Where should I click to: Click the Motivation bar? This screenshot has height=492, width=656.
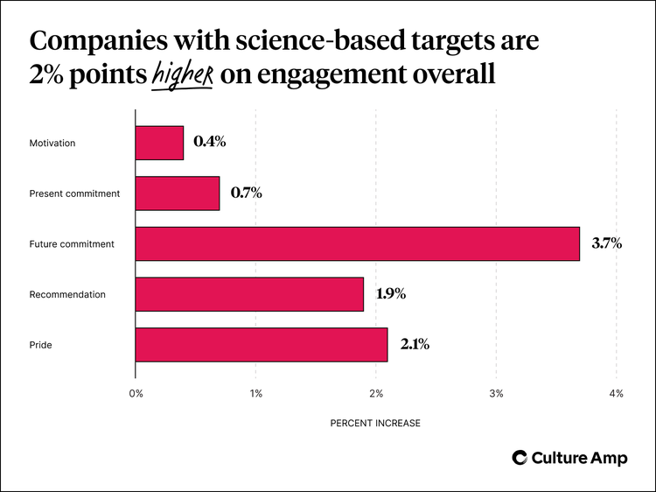click(x=159, y=143)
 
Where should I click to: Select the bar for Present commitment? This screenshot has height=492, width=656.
click(x=178, y=193)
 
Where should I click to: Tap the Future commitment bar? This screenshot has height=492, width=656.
click(x=357, y=243)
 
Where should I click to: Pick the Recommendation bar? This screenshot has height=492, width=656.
click(x=249, y=294)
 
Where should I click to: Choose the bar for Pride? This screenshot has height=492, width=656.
click(x=262, y=345)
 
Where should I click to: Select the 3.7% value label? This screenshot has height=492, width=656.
click(x=606, y=243)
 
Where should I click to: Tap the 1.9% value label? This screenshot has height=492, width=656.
click(x=390, y=294)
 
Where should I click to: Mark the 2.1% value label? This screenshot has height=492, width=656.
click(x=415, y=345)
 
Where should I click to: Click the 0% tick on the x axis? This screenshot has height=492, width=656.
click(x=136, y=394)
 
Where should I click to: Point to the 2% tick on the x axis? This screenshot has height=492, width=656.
click(x=375, y=394)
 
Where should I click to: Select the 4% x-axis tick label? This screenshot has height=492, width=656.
click(x=616, y=394)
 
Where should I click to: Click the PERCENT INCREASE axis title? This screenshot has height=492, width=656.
click(x=375, y=423)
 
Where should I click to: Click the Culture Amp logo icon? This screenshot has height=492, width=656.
click(x=520, y=458)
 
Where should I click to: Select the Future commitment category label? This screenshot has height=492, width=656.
click(x=72, y=244)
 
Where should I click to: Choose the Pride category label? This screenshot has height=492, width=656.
click(x=40, y=345)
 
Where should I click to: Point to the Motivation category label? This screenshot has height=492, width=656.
click(x=52, y=143)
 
